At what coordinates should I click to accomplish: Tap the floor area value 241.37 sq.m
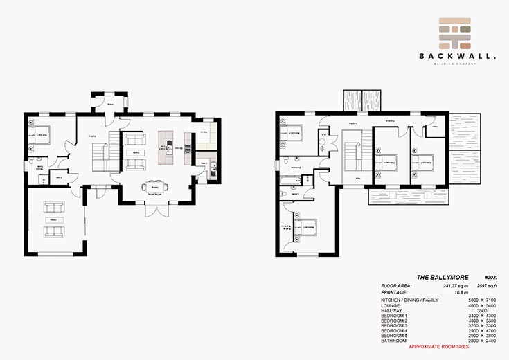437,285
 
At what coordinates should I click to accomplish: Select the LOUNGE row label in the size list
391,305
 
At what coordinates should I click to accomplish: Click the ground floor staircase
102,153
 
